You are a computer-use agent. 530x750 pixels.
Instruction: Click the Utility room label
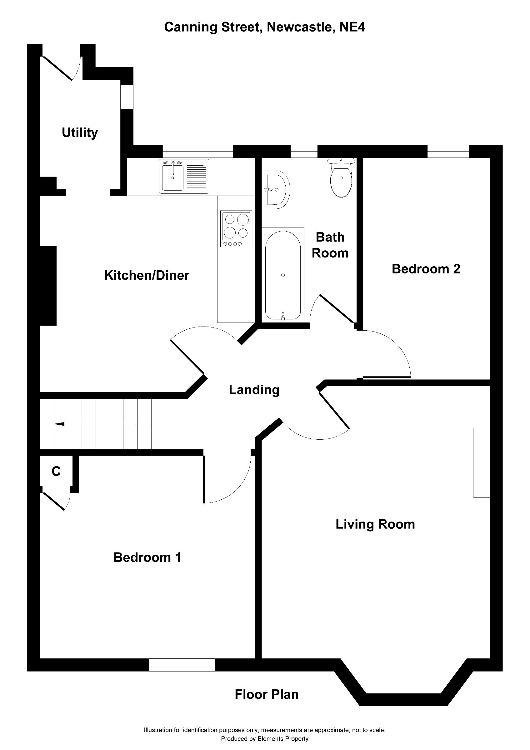[x=80, y=132]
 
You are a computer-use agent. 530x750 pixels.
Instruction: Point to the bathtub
[x=283, y=275]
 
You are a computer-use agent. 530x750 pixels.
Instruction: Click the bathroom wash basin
[x=277, y=189]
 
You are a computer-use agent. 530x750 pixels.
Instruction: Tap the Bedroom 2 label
[x=426, y=269]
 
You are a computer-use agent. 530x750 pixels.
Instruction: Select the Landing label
[x=254, y=390]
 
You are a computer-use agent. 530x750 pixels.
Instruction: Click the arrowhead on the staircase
[x=59, y=424]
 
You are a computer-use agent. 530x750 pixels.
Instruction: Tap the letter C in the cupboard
[x=56, y=471]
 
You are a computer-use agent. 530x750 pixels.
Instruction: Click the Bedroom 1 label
[x=147, y=557]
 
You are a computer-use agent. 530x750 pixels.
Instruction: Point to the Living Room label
[x=375, y=524]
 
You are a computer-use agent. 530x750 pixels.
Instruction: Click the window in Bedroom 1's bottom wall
[x=182, y=665]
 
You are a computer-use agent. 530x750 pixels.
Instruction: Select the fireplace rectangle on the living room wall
[x=481, y=462]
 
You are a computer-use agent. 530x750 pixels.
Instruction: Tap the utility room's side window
[x=127, y=97]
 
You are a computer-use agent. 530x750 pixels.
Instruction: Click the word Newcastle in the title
[x=299, y=27]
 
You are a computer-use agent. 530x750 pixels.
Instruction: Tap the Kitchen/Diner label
[x=147, y=275]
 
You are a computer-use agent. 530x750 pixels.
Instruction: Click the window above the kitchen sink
[x=198, y=151]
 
